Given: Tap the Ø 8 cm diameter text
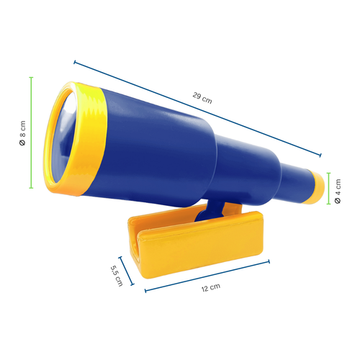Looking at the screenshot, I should pyautogui.click(x=22, y=134).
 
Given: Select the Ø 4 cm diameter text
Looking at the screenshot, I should pyautogui.click(x=338, y=190).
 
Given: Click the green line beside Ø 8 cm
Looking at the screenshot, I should pyautogui.click(x=32, y=132).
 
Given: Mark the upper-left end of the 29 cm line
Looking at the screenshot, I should pyautogui.click(x=74, y=62).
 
